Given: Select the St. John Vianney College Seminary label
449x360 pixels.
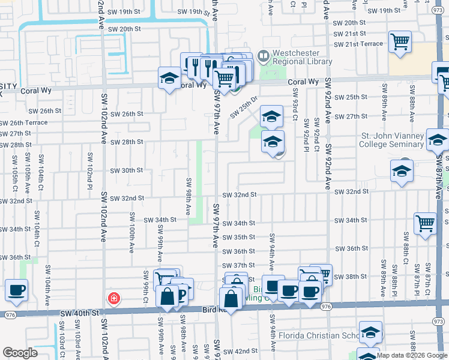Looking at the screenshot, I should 391,140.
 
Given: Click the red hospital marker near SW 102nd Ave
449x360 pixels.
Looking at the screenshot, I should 113,298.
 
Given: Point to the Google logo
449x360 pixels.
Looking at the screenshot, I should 20,353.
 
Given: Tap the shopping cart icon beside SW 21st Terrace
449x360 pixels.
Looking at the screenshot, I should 399,42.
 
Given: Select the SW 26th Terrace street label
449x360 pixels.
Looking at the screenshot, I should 24,122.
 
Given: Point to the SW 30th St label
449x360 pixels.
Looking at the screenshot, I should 126,170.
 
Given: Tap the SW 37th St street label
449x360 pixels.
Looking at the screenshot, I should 238,265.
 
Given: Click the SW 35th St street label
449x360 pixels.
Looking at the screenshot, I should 238,238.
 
